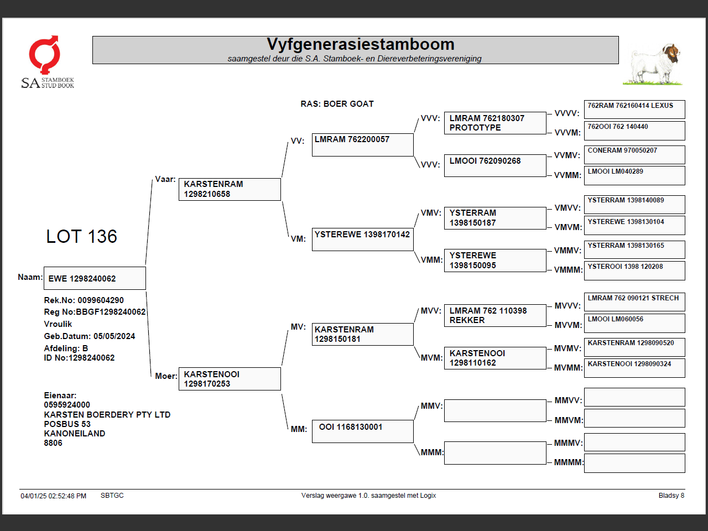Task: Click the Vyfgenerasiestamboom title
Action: [360, 44]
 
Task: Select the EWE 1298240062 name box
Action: [95, 278]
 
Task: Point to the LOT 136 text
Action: [81, 237]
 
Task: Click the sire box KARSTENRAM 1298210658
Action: [230, 189]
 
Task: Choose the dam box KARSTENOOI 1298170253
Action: [230, 379]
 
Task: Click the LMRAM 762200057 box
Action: [362, 144]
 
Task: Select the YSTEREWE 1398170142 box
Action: [362, 240]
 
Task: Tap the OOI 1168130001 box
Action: [362, 431]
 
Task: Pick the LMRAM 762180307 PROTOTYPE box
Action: [494, 123]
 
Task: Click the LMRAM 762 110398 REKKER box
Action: [494, 315]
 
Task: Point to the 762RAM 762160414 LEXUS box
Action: [634, 109]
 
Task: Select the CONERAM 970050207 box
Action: [634, 154]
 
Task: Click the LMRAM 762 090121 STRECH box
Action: [634, 302]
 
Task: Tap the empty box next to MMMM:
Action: [634, 463]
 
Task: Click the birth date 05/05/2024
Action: [114, 336]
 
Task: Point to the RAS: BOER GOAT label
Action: [337, 104]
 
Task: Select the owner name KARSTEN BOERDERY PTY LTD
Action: [107, 415]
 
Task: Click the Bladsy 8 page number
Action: [671, 496]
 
